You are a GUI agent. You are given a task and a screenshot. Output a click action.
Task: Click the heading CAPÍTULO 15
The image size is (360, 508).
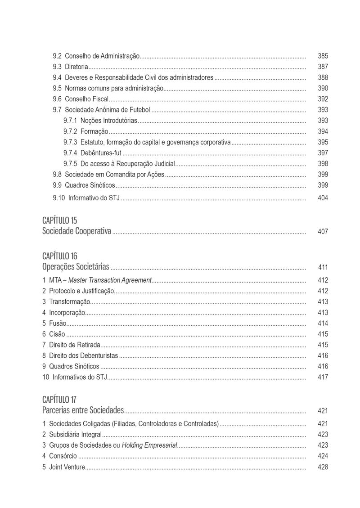click(x=60, y=220)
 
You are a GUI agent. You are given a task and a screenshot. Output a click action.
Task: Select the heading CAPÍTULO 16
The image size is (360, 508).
click(x=60, y=256)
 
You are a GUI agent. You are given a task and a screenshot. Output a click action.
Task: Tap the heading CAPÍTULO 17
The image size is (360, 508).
click(x=59, y=400)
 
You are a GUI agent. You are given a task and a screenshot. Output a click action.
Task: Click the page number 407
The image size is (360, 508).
click(x=323, y=232)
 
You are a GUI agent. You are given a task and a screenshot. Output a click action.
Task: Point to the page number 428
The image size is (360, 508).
click(x=323, y=467)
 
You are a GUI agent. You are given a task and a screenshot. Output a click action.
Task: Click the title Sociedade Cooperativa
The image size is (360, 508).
click(x=76, y=232)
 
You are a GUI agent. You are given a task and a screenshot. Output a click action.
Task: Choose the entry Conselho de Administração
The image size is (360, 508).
click(x=103, y=56)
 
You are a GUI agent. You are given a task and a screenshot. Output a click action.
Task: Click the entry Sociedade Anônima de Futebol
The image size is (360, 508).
click(x=108, y=110)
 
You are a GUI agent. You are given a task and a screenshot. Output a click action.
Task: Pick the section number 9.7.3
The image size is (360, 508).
click(x=70, y=142)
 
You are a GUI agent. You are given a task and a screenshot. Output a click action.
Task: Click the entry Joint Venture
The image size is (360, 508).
click(x=67, y=467)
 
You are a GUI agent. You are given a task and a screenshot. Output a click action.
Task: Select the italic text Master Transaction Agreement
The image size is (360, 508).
click(x=110, y=280)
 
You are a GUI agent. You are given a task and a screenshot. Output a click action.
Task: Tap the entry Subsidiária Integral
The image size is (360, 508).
click(x=75, y=435)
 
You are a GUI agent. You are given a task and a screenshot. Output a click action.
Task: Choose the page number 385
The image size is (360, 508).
click(x=323, y=56)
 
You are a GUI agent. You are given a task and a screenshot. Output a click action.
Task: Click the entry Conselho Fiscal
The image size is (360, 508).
click(x=86, y=99)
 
